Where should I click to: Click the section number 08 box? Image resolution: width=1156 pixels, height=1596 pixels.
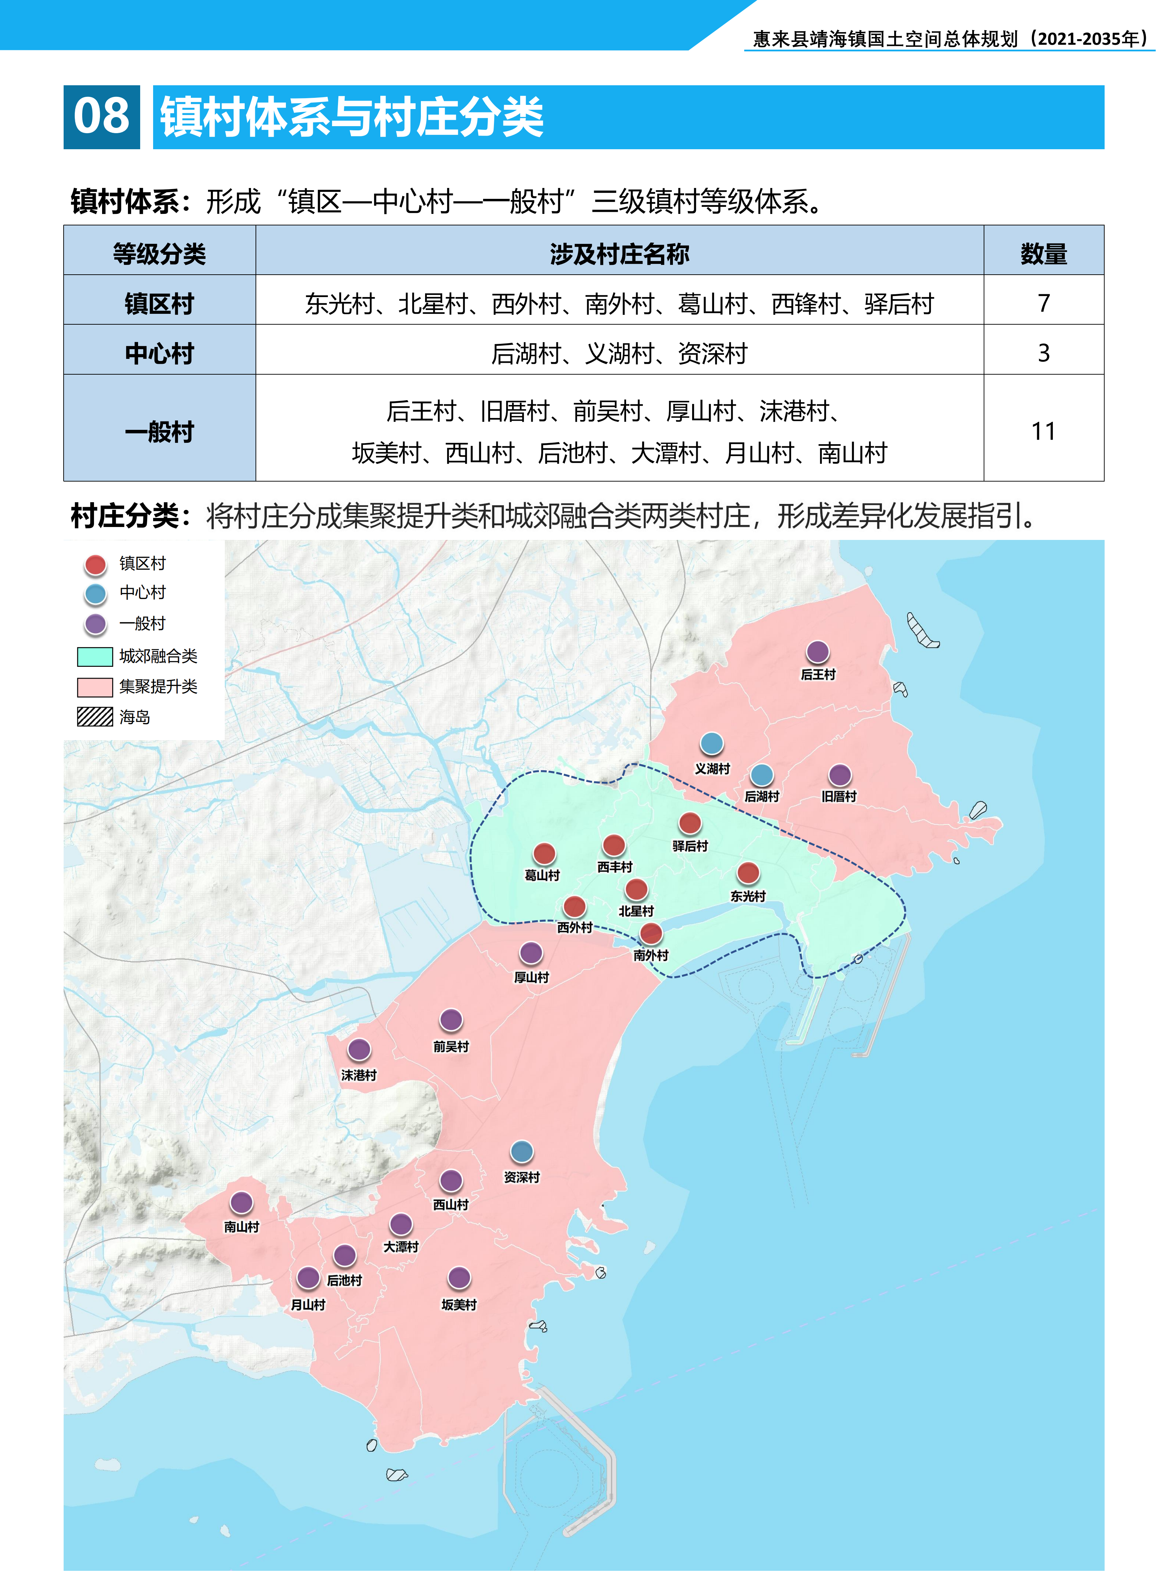tap(101, 117)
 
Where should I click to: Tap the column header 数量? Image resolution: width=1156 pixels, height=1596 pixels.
tap(1043, 253)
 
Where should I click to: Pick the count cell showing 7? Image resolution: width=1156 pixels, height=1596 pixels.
tap(1043, 303)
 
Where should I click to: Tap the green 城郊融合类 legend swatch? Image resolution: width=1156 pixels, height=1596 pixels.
tap(95, 657)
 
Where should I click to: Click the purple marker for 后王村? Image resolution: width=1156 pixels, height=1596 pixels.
tap(817, 652)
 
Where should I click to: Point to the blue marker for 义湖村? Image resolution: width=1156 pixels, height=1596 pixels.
tap(712, 743)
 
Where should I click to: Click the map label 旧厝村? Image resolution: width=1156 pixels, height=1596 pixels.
tap(839, 796)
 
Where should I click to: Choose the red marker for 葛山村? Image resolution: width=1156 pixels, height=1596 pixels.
tap(544, 854)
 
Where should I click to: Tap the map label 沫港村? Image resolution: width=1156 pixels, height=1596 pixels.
tap(359, 1075)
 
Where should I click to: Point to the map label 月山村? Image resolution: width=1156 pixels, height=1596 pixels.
tap(308, 1305)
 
